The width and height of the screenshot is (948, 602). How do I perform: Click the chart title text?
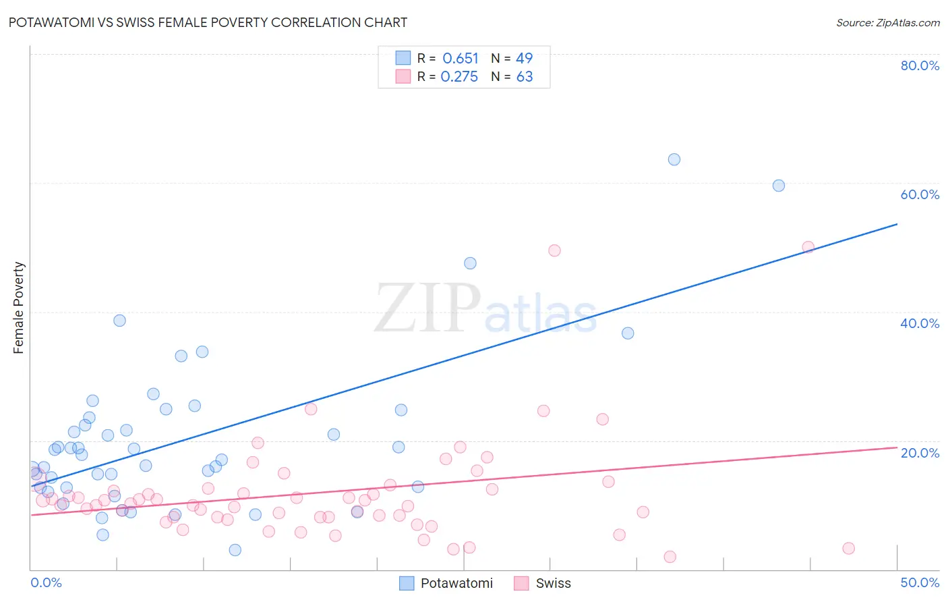[208, 22]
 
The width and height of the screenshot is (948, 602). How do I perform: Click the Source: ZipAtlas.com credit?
[887, 22]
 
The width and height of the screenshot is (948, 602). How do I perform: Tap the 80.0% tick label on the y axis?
[920, 65]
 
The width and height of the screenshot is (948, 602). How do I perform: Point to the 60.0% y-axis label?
[920, 194]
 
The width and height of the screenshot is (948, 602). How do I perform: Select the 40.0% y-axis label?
[920, 323]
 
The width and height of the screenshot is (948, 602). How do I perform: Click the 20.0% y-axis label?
[920, 452]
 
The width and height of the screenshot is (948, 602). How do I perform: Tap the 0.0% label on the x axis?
[46, 582]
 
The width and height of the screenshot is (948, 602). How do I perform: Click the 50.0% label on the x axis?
[920, 582]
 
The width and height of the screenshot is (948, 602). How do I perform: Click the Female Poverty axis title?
[18, 308]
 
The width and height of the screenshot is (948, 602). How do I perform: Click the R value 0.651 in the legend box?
[461, 59]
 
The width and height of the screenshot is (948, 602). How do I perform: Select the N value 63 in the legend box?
[525, 77]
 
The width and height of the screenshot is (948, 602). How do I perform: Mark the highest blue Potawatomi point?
[674, 160]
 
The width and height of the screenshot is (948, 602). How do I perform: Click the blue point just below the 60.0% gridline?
[779, 186]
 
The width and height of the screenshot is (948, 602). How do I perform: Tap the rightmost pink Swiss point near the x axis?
[849, 548]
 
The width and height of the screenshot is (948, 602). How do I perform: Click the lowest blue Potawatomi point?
[235, 550]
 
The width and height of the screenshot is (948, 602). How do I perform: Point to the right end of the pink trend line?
[897, 447]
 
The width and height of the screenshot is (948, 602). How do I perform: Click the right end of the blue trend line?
[897, 224]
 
